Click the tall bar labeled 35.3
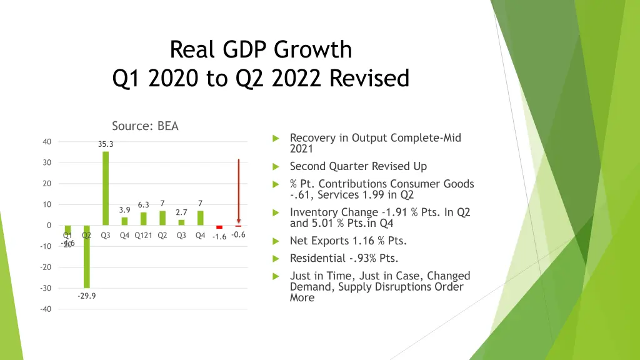pos(106,187)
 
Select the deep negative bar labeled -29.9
pos(87,256)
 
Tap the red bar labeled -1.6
pos(219,227)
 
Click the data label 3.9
pos(124,210)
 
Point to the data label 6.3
pos(143,205)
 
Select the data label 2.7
pos(181,212)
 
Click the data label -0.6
pos(238,235)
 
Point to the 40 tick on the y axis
pos(47,142)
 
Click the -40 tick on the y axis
pos(46,309)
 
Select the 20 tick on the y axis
pos(47,184)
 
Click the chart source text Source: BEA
pos(145,126)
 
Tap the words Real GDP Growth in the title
pos(261,49)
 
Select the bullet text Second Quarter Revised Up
pos(358,166)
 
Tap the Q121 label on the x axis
pos(144,236)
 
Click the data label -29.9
pos(87,296)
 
